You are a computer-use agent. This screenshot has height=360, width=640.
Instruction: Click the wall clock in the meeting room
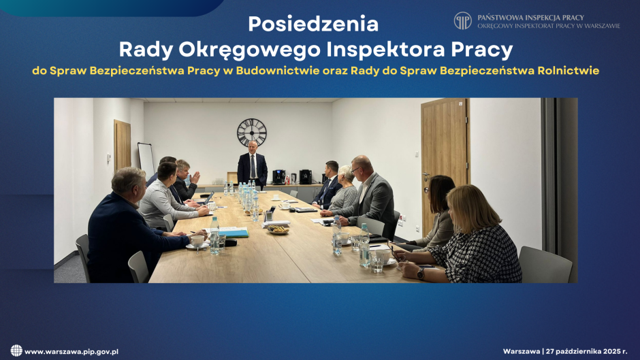point(251,132)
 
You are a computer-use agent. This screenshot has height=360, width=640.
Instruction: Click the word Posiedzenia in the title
point(313,24)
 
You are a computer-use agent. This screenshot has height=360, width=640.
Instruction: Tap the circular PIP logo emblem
point(463,20)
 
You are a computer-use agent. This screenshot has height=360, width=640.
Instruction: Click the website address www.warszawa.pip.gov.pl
point(71,351)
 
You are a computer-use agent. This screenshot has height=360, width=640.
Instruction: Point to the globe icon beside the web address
point(16,350)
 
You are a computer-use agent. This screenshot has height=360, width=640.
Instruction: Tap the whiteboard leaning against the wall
point(146,159)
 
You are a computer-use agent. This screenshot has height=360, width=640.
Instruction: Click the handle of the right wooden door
point(426,174)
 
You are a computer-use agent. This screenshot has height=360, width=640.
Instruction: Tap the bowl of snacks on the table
point(277,230)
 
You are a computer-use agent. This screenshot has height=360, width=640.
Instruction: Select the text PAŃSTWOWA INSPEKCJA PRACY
point(530,17)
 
